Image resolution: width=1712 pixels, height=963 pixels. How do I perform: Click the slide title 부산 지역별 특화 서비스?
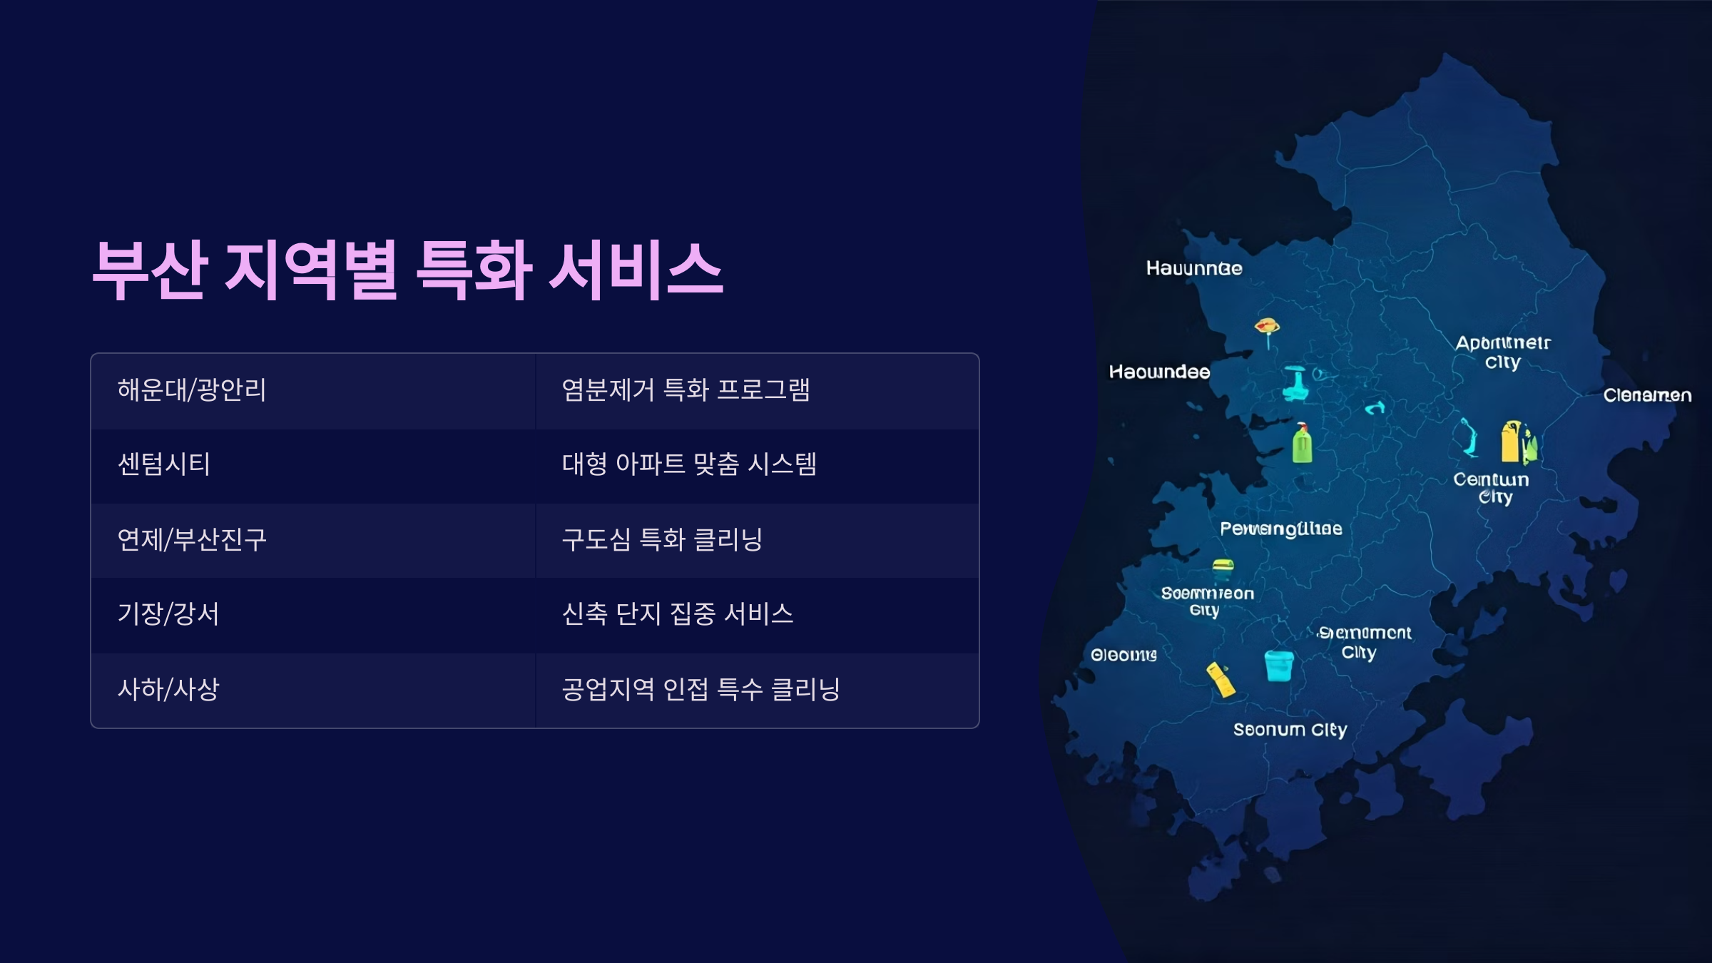(407, 270)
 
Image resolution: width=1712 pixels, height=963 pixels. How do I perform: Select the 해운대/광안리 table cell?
(192, 390)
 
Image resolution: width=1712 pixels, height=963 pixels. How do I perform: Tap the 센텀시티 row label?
(164, 464)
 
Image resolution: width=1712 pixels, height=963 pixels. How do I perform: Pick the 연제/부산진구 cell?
(192, 539)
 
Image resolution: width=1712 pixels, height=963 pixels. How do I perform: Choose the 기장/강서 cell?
(168, 614)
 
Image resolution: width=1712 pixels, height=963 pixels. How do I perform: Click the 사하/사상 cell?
(168, 689)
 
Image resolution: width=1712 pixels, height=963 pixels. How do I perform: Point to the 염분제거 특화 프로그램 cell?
(686, 390)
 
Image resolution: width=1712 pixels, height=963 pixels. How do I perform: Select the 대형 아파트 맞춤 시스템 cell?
(689, 464)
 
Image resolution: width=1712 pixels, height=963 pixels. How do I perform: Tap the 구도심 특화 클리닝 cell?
(662, 539)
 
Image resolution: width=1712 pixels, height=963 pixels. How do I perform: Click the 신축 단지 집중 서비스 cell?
(678, 614)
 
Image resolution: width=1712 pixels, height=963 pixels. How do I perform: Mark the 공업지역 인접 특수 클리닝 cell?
(700, 689)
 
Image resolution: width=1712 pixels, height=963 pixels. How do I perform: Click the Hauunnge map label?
(1194, 268)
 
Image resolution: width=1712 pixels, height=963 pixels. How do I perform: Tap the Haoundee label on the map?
(1159, 372)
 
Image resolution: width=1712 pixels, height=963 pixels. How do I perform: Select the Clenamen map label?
(1647, 395)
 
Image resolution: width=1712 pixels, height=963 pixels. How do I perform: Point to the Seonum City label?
(1290, 730)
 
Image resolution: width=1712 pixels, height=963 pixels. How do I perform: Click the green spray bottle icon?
(1303, 443)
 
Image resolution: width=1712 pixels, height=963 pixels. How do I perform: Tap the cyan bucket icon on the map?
(1279, 666)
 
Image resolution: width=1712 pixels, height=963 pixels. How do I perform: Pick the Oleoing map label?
(1123, 655)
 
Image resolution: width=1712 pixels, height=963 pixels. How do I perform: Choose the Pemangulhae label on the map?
(1281, 529)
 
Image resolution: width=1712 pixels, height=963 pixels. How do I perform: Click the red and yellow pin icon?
(1267, 329)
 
